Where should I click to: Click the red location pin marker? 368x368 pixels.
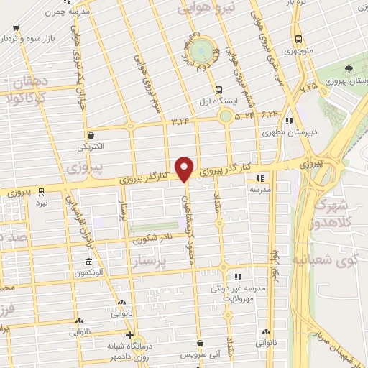(185, 168)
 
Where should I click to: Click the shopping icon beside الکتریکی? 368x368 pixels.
(91, 135)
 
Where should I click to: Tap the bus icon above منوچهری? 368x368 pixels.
(298, 40)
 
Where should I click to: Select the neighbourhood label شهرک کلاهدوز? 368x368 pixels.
(341, 213)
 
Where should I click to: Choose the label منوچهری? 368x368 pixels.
(297, 52)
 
